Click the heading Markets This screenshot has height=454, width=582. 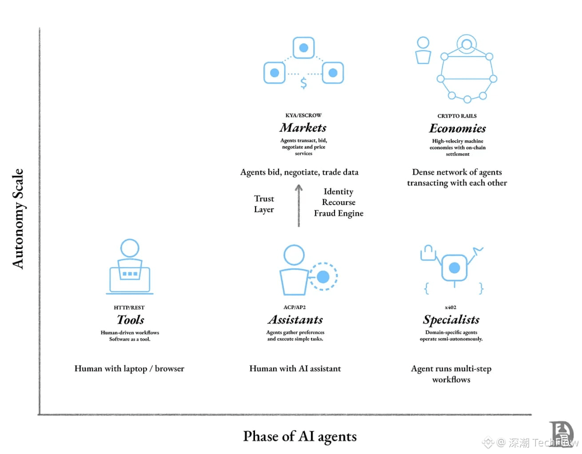pos(303,128)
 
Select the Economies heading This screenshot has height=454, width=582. pos(457,129)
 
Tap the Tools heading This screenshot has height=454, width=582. pos(130,320)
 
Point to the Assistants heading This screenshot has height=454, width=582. pos(295,320)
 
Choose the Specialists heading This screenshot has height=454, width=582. pos(451,320)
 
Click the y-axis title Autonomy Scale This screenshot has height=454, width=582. pos(18,219)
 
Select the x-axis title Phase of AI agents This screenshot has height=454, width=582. pos(300,436)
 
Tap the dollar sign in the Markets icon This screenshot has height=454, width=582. pos(303,83)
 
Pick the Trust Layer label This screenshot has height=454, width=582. pos(264,204)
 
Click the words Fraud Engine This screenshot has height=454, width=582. pos(339,213)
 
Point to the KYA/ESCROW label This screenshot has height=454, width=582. pos(303,115)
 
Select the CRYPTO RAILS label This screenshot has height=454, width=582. pos(457,116)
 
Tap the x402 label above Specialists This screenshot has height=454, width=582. pos(450,307)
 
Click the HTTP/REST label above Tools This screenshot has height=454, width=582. pos(129,307)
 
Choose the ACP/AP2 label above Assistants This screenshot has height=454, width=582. pos(295,307)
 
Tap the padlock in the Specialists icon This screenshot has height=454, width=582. pos(428,253)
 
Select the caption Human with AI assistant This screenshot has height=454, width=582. pos(295,369)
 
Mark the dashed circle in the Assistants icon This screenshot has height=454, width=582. pos(323,277)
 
